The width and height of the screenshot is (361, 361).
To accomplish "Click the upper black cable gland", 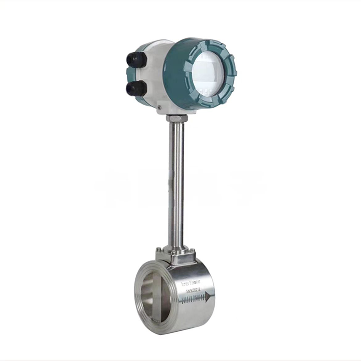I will point(136,59).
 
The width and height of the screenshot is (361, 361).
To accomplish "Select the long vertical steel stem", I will point(176,180).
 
